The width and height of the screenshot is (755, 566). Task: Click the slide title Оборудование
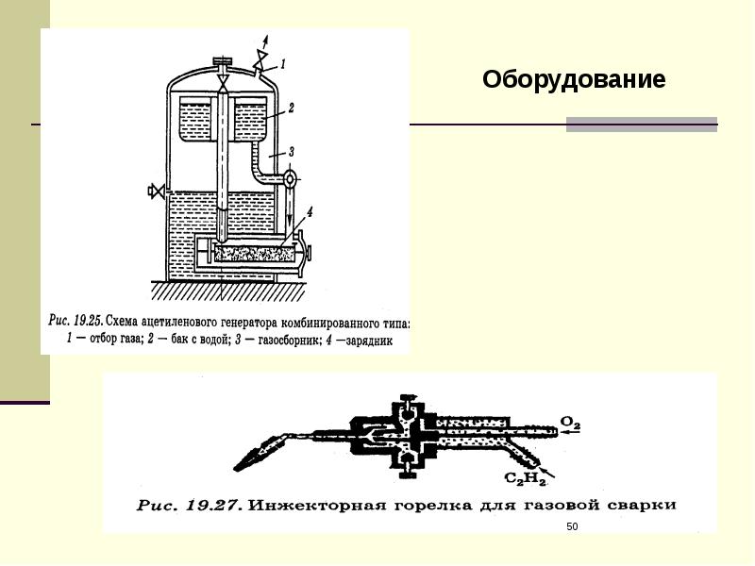[x=574, y=79]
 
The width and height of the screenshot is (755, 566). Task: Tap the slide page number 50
[x=571, y=524]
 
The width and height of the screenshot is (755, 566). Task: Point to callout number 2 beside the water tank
[x=292, y=109]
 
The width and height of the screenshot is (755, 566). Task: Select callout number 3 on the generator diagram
[x=292, y=151]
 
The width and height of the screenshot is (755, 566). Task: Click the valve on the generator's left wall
[x=155, y=191]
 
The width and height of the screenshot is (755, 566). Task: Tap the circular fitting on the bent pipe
[x=290, y=176]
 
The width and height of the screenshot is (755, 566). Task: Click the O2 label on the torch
[x=571, y=423]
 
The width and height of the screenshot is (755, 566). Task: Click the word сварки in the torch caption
[x=645, y=505]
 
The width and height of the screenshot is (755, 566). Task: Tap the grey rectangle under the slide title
[x=642, y=125]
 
